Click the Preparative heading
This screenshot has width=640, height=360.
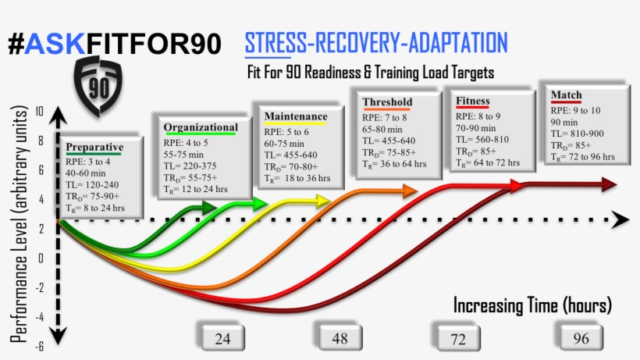pyautogui.click(x=94, y=147)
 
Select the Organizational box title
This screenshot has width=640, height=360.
pyautogui.click(x=201, y=127)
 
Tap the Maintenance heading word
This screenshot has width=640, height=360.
pyautogui.click(x=296, y=117)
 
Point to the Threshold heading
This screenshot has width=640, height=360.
pyautogui.click(x=387, y=102)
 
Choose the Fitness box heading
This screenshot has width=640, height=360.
pyautogui.click(x=473, y=101)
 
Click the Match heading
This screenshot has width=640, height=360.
pyautogui.click(x=567, y=95)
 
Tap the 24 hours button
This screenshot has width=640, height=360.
pyautogui.click(x=222, y=337)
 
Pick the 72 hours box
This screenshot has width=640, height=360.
pyautogui.click(x=457, y=338)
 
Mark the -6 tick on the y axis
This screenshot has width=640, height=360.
pyautogui.click(x=39, y=348)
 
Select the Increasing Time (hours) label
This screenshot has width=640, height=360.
pyautogui.click(x=532, y=305)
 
